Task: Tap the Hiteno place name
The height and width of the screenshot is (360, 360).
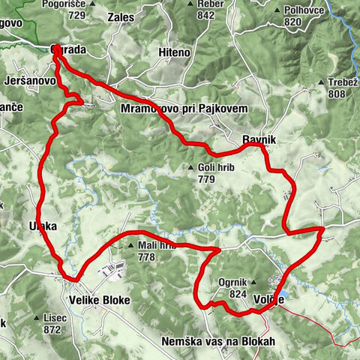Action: point(175,52)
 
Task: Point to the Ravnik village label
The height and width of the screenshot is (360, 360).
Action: point(259,139)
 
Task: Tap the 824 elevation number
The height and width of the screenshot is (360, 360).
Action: point(237,294)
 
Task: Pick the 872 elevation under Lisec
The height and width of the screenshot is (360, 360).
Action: point(52,329)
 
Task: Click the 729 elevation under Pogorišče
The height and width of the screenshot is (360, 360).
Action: point(74,15)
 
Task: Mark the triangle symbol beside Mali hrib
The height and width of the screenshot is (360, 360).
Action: point(133,245)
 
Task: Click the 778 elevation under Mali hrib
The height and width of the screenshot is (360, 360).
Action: point(146,256)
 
